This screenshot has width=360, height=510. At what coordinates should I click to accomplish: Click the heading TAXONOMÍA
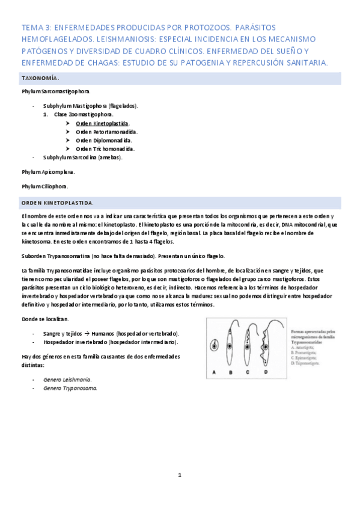40,78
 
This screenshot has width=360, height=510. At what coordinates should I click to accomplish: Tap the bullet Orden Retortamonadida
106,131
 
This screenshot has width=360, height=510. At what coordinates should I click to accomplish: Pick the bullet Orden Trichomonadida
105,149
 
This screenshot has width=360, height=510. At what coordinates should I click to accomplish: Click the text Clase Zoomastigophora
83,114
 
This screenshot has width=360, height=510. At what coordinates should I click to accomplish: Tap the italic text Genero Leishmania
67,379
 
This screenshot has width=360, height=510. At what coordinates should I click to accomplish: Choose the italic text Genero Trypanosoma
70,388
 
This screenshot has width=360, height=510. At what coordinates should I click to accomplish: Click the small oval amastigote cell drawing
214,346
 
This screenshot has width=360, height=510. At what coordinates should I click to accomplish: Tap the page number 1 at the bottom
179,475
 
